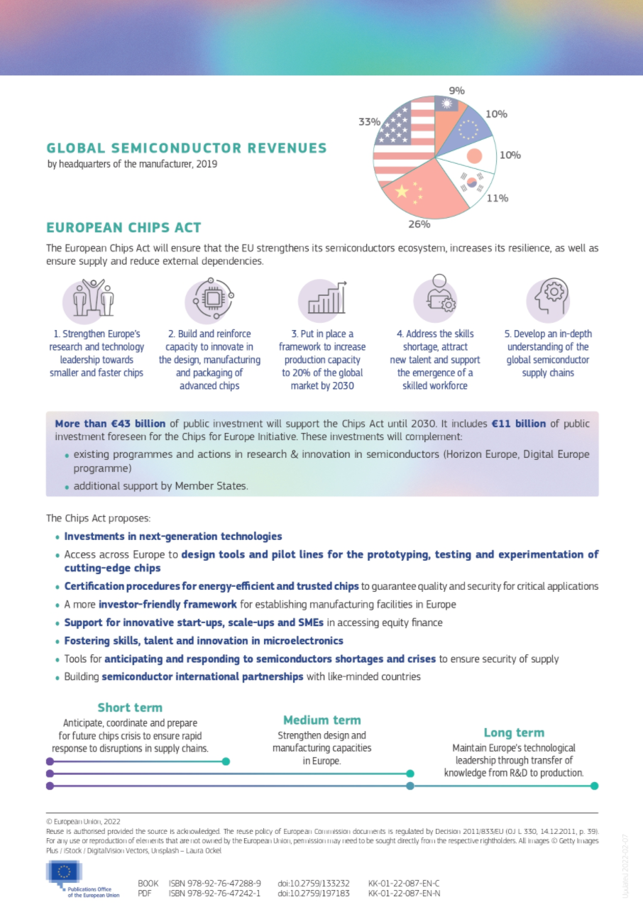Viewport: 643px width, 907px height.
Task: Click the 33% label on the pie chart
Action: coord(369,121)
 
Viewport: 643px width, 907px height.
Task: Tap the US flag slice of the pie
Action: coord(402,142)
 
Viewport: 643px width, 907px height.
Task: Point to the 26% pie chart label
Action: coord(419,224)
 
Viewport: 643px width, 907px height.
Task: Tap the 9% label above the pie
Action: coord(456,91)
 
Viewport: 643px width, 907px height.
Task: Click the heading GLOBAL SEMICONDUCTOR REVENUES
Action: coord(187,148)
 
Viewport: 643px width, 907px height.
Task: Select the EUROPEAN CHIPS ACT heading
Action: coord(123,228)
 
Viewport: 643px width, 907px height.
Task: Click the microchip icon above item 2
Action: coord(212,299)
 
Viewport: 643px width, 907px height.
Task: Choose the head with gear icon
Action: coord(548,299)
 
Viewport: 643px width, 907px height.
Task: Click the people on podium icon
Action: coord(97,299)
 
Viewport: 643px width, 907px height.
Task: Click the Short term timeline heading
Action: coord(130,708)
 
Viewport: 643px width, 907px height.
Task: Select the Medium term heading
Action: coord(321,720)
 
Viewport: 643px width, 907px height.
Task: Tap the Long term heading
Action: coord(514,733)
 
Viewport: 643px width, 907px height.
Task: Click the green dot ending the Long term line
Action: coord(594,786)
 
